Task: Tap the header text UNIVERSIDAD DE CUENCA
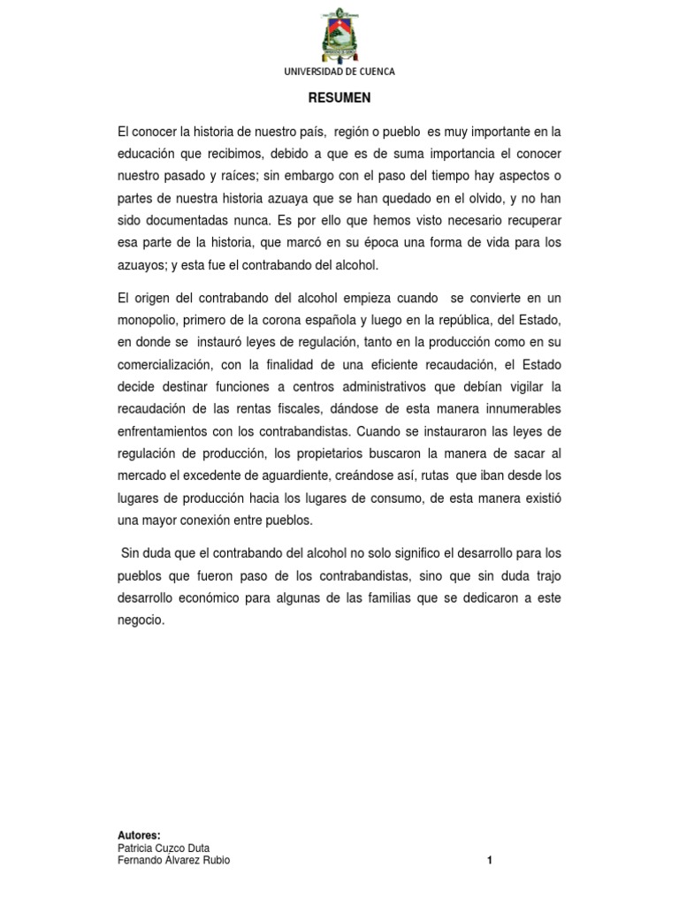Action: click(339, 72)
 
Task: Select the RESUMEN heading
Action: click(339, 99)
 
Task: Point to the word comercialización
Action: click(169, 363)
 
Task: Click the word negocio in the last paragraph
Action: click(141, 620)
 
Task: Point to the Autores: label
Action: click(139, 835)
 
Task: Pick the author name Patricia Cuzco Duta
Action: click(164, 848)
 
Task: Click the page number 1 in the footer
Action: click(489, 861)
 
